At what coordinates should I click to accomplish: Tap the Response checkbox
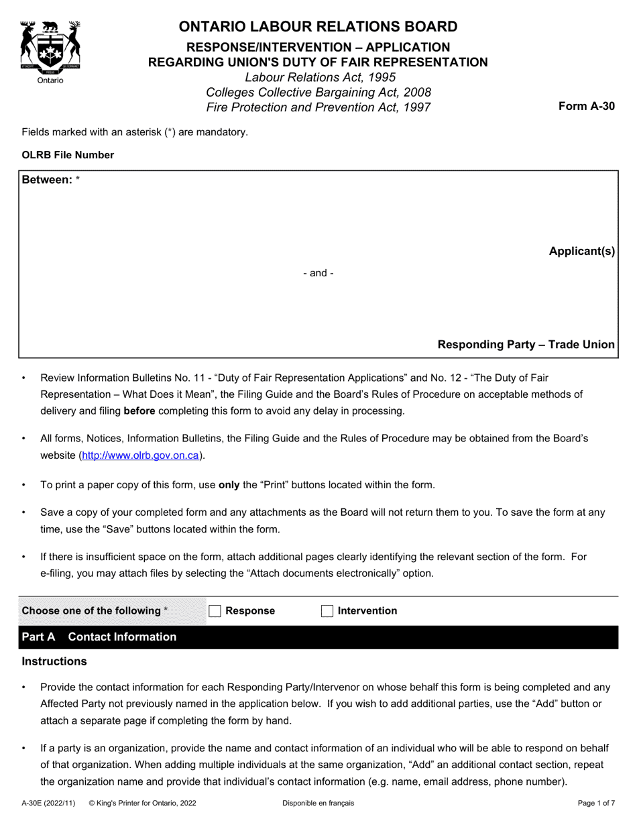click(x=215, y=610)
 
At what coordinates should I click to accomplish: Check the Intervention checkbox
click(x=327, y=610)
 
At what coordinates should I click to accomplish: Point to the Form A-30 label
click(x=586, y=105)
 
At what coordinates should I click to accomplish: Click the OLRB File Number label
click(x=68, y=155)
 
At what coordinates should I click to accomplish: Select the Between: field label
click(x=47, y=180)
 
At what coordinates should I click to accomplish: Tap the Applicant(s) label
click(x=581, y=252)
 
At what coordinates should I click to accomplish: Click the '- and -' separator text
click(x=318, y=273)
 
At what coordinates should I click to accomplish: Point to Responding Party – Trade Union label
click(x=526, y=344)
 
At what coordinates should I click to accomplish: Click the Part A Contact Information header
click(x=99, y=637)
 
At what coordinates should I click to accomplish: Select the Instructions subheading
click(x=54, y=661)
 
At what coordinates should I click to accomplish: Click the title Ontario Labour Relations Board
click(x=318, y=27)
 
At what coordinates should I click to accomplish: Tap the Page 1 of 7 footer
click(x=596, y=803)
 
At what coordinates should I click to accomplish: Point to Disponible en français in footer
click(x=318, y=803)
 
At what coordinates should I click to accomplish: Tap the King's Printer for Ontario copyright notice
click(x=142, y=803)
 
